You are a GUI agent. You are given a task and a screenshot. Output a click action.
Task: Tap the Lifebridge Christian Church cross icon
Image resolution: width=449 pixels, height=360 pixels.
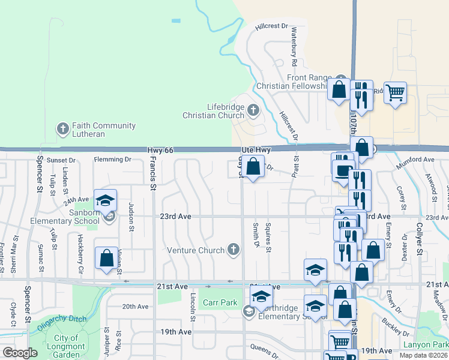pos(253,110)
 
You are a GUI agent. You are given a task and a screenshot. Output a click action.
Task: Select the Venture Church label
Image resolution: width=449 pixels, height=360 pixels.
pos(196,250)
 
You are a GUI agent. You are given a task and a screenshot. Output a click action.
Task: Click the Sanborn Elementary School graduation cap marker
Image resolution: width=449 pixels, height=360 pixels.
pos(105,200)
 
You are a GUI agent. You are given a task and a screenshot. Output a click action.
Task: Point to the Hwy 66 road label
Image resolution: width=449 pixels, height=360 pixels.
pos(160,149)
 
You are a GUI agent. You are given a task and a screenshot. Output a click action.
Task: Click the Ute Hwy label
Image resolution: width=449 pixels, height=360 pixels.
pos(257,149)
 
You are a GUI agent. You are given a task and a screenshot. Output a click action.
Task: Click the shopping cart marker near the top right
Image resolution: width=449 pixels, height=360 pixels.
pos(395,93)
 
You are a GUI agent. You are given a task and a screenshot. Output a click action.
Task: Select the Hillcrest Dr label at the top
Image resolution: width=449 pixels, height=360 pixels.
pos(271,26)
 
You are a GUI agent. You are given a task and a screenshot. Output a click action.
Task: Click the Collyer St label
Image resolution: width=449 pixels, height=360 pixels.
pos(420,240)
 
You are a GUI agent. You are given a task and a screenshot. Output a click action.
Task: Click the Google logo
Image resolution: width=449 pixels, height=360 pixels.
pos(20,353)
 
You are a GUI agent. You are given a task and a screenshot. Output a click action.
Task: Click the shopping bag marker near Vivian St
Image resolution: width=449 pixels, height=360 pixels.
pos(106,258)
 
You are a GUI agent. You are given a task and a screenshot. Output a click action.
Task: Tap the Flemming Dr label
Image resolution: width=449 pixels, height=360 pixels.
pos(112,160)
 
